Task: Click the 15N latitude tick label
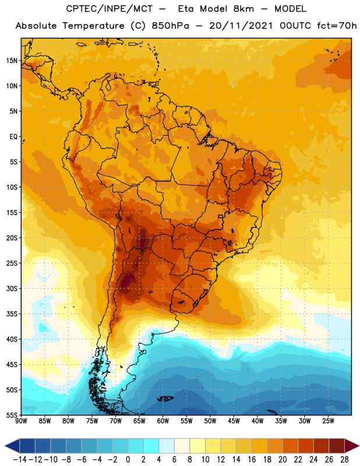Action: coord(12,61)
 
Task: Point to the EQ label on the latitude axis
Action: coord(13,137)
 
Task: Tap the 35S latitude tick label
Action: coord(12,314)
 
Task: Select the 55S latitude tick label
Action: coord(12,415)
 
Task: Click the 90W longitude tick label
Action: coord(22,421)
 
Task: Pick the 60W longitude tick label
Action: coord(163,421)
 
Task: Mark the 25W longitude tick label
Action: coord(328,421)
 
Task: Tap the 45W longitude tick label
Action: coord(234,421)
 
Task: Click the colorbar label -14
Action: coord(20,460)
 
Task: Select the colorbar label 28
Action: coord(344,460)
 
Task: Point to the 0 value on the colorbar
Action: coord(128,460)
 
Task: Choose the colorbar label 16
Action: coord(252,460)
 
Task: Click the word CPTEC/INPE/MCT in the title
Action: coord(109,9)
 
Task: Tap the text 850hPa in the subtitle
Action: coord(170,26)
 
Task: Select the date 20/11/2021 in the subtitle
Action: coord(241,26)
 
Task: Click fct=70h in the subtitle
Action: coord(337,26)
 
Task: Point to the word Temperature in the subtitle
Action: coord(93,26)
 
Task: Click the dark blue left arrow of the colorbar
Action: coord(12,446)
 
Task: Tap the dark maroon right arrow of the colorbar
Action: coord(352,446)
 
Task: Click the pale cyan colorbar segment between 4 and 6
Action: coord(167,446)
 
